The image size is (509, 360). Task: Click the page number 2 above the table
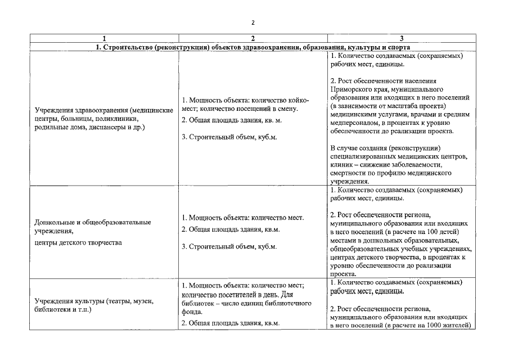click(253, 22)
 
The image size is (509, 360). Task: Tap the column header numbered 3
click(401, 38)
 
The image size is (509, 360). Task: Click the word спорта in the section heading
click(398, 47)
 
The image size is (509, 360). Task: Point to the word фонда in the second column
click(191, 312)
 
